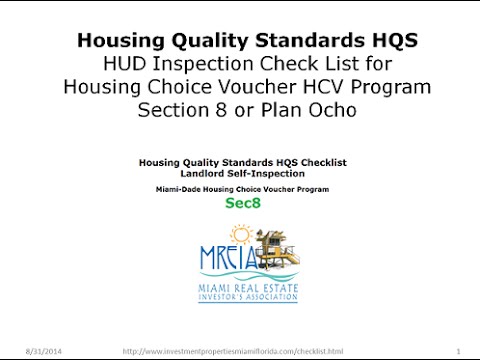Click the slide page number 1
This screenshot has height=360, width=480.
(x=456, y=351)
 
